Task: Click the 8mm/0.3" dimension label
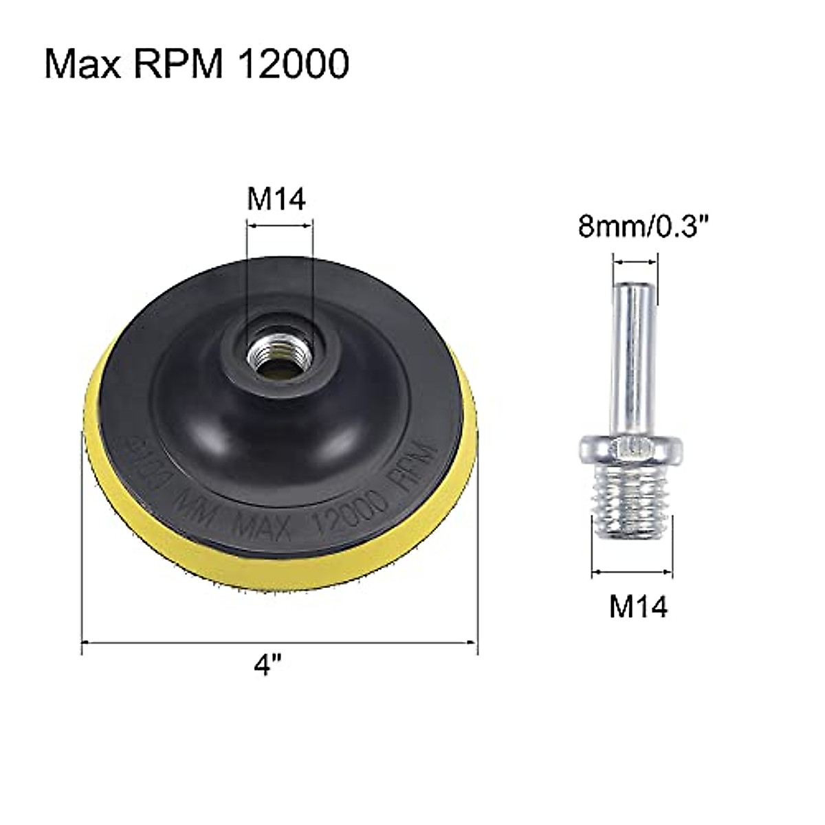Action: pos(634,226)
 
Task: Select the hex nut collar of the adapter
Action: pos(632,450)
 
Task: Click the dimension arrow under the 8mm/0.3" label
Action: pos(635,262)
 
